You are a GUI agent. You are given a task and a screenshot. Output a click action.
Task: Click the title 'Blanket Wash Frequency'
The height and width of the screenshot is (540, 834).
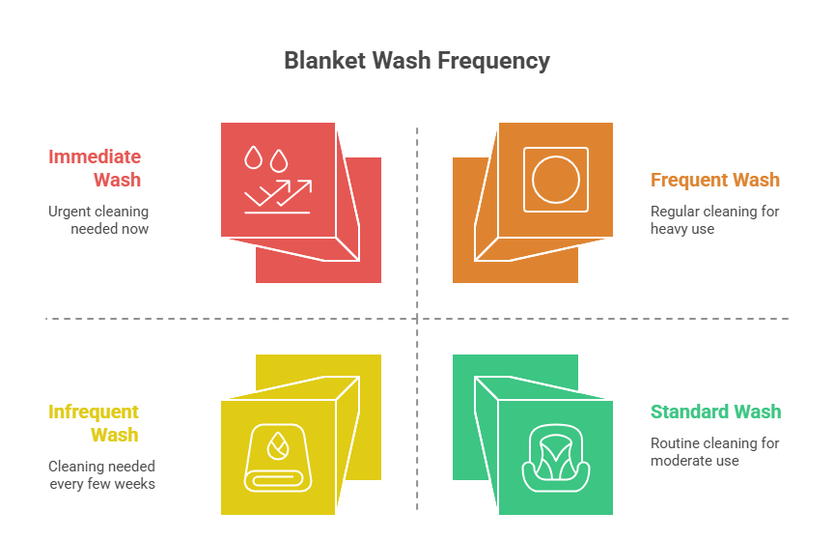click(x=417, y=61)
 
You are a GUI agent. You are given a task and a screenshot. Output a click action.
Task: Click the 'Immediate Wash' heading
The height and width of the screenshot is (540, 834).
click(x=95, y=168)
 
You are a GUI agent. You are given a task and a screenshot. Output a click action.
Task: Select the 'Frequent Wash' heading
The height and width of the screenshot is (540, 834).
click(x=715, y=180)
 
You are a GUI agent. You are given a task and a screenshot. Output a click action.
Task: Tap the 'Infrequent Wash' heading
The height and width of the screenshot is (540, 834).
click(x=94, y=423)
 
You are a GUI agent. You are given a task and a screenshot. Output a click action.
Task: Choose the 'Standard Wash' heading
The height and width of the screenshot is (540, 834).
click(x=715, y=412)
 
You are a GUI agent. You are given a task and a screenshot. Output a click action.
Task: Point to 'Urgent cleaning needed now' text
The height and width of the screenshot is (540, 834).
click(x=98, y=220)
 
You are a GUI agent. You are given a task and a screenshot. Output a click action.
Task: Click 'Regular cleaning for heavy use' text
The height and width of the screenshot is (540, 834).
click(x=714, y=220)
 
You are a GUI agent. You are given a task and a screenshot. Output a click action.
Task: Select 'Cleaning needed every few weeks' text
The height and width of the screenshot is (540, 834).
click(x=101, y=475)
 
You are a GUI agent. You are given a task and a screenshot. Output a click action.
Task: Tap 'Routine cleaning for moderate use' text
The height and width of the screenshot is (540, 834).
click(x=714, y=452)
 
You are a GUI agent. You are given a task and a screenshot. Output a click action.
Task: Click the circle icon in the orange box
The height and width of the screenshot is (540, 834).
click(x=556, y=179)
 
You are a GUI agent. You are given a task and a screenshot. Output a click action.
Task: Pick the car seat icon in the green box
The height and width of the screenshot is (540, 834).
click(x=556, y=456)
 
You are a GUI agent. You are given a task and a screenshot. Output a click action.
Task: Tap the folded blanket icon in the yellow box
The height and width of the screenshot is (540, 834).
click(x=278, y=456)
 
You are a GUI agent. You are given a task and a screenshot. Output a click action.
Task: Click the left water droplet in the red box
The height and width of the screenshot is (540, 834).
click(x=254, y=157)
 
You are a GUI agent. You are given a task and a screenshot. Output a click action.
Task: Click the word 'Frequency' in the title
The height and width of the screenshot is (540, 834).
click(x=493, y=61)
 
